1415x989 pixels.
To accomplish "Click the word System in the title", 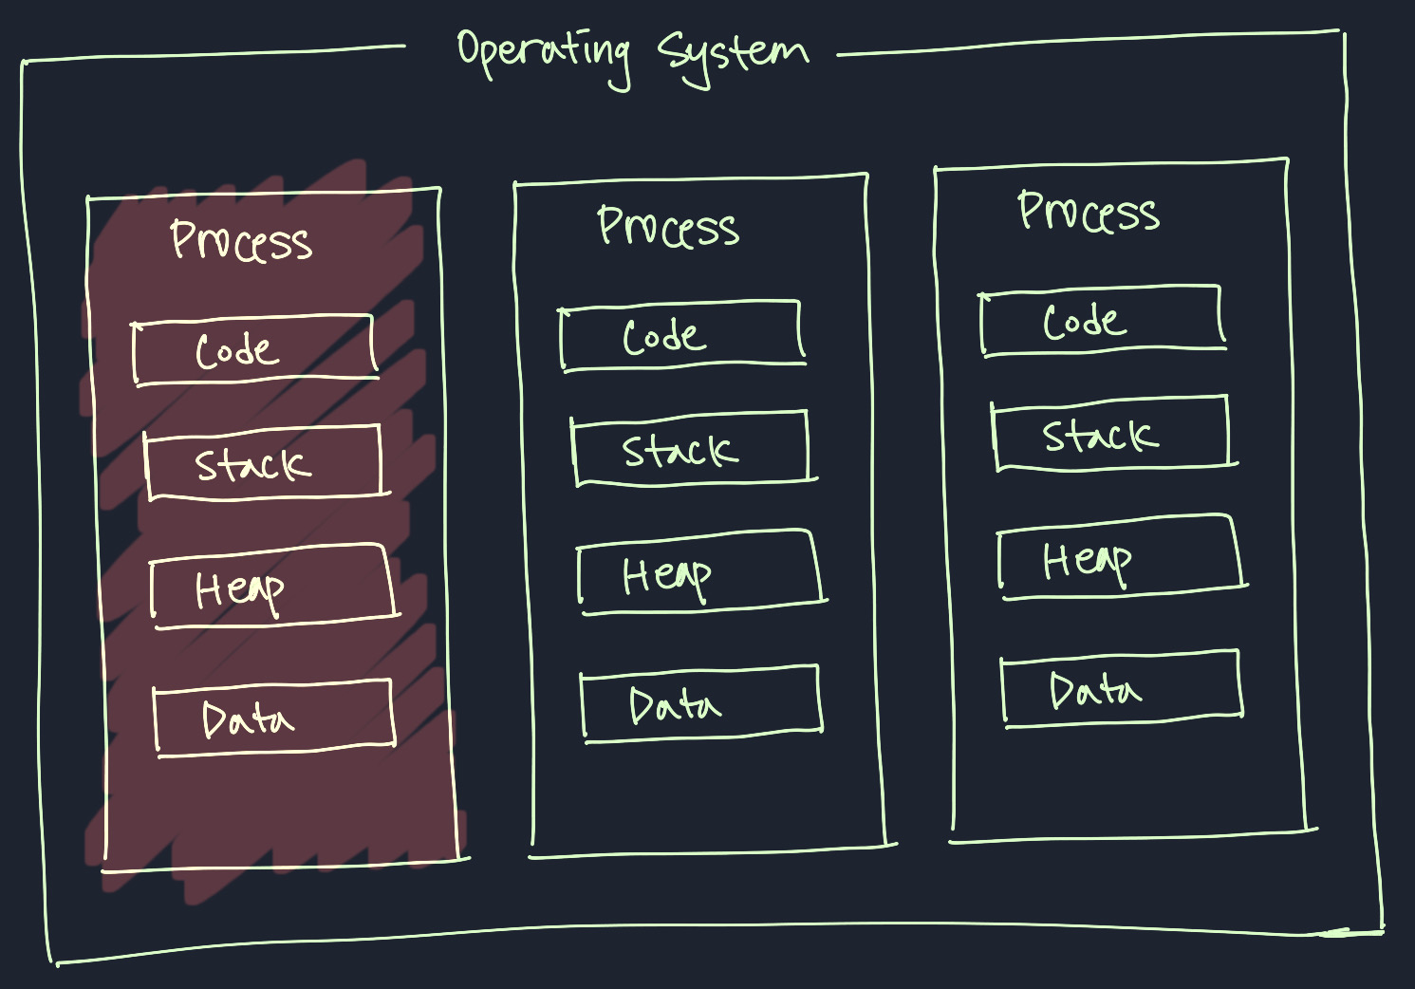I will [x=732, y=55].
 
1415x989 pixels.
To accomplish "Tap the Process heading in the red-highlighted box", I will [x=241, y=240].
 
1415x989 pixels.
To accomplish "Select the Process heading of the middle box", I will [x=668, y=228].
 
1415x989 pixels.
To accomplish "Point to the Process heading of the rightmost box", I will [x=1089, y=212].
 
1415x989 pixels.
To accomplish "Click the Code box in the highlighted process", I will [x=253, y=350].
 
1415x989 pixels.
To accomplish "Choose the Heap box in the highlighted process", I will [x=272, y=586].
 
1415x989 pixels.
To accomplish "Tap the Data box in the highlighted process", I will [x=274, y=718].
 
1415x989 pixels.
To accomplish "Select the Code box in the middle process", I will [x=681, y=335].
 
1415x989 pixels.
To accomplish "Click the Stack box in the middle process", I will [x=692, y=449].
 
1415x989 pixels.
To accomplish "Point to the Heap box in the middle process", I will [x=700, y=572].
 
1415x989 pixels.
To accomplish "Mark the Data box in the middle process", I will [x=701, y=703].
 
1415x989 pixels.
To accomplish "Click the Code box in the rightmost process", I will [x=1102, y=321].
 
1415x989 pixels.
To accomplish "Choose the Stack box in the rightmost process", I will [x=1112, y=435].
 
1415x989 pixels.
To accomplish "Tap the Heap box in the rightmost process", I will [x=1121, y=558].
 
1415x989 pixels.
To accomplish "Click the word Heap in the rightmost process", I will [x=1087, y=561].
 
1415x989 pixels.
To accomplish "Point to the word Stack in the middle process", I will [x=680, y=450].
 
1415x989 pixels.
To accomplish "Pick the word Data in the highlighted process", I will [x=247, y=719].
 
